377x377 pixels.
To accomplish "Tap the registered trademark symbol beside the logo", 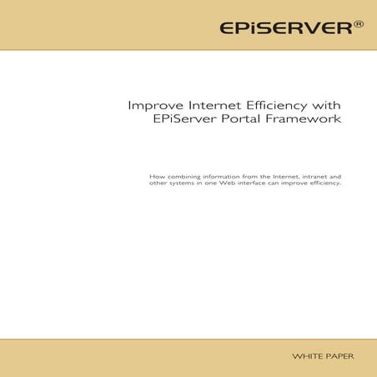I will click(359, 24).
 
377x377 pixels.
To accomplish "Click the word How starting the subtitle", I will click(156, 176).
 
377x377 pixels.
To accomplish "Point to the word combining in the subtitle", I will click(183, 177).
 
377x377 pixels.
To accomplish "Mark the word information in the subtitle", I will click(221, 176).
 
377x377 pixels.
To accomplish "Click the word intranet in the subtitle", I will click(313, 176).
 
